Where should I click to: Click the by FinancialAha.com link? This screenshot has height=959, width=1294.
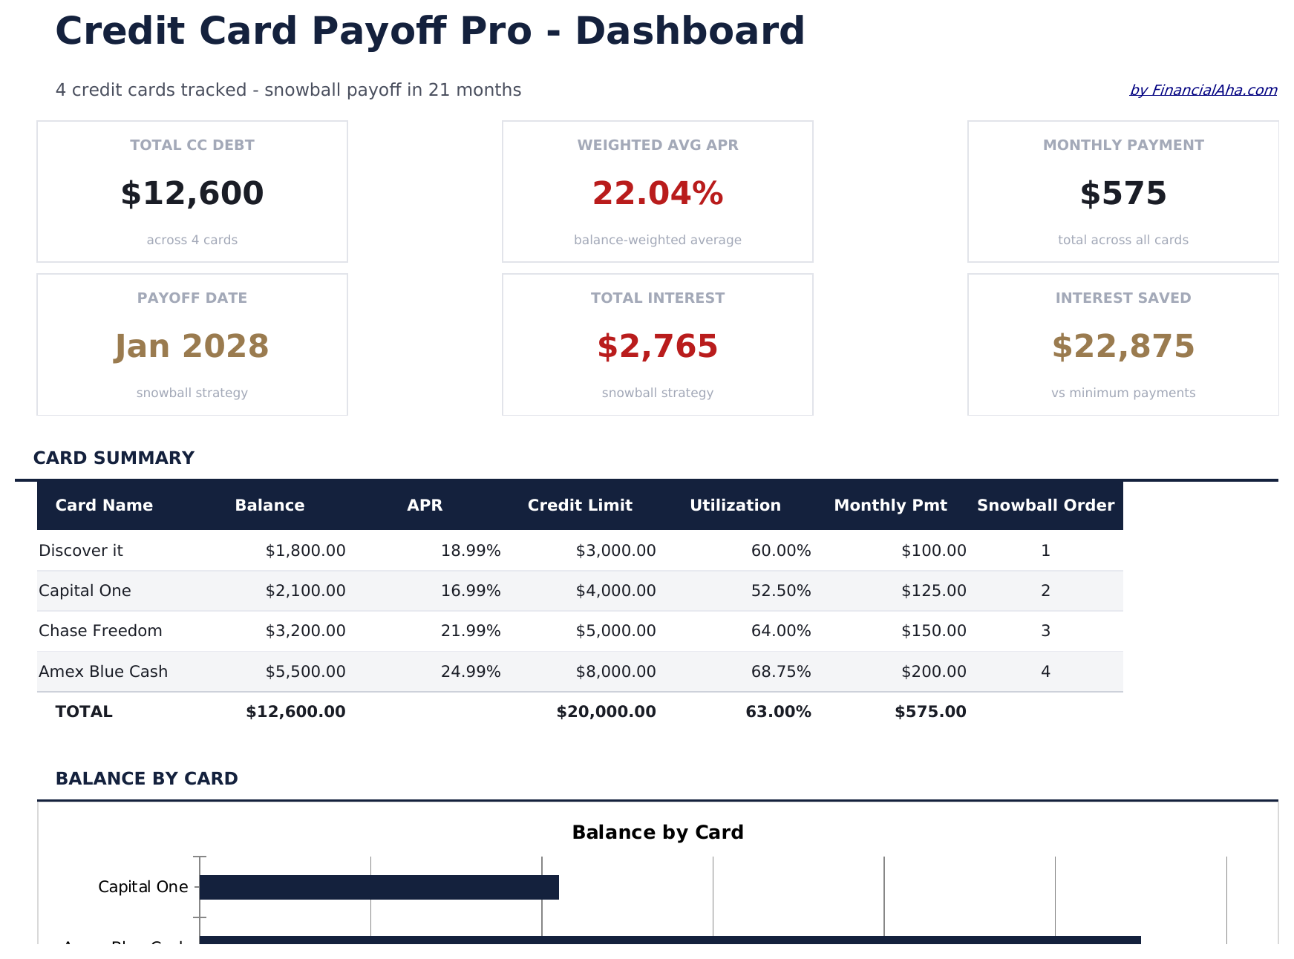1203,91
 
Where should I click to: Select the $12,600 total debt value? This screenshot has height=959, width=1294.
192,194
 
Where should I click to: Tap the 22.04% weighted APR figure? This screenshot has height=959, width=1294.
657,194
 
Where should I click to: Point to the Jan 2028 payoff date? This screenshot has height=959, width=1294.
192,347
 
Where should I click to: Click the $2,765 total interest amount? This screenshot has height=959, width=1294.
657,347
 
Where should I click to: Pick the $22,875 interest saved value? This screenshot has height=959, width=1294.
1123,347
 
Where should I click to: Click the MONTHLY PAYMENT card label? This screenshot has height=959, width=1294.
1123,145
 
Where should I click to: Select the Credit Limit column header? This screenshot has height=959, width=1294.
580,505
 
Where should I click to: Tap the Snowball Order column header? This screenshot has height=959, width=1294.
1045,505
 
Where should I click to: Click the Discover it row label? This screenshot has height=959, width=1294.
81,551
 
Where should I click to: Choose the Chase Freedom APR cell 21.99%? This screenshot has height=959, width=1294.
471,631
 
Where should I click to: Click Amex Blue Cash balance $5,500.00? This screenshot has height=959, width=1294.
305,672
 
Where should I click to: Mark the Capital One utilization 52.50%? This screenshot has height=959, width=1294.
781,591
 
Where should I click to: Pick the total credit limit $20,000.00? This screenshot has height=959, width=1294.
606,712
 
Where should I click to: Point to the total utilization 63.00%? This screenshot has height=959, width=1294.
778,712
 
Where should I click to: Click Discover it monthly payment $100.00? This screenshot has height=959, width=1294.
933,551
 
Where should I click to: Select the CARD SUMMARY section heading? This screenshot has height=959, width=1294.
114,458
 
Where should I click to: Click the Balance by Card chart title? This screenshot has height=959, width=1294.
657,833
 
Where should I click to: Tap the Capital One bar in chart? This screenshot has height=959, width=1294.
379,887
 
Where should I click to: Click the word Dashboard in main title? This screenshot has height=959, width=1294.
690,32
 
